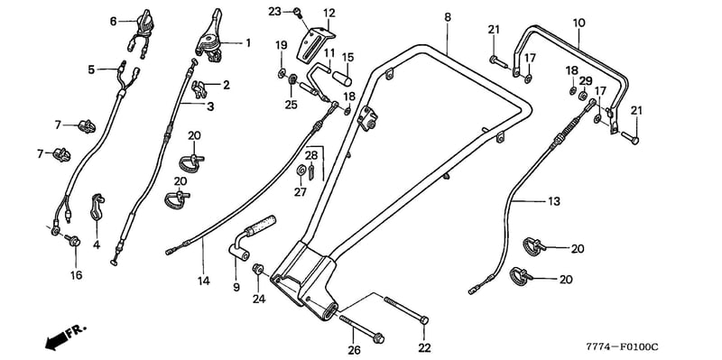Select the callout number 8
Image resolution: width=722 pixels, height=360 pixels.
(448, 17)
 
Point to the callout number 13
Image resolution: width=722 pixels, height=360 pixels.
(554, 201)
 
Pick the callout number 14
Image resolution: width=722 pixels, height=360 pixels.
(204, 281)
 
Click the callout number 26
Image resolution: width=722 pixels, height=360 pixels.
(354, 350)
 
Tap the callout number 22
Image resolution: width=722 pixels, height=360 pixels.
(424, 347)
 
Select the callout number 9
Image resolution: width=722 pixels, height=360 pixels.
(236, 288)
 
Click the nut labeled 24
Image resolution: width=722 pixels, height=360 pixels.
(258, 268)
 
